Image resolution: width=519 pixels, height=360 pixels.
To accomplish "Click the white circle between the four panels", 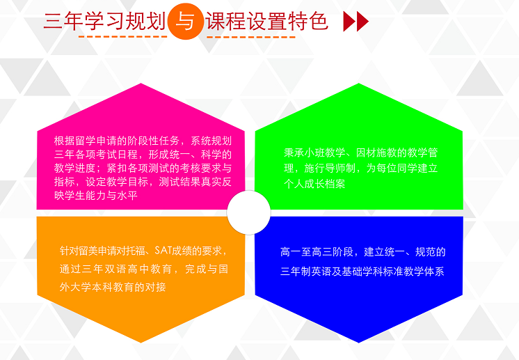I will (x=249, y=212).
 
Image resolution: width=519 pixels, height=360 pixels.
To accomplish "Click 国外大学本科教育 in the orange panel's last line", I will (x=97, y=286).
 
